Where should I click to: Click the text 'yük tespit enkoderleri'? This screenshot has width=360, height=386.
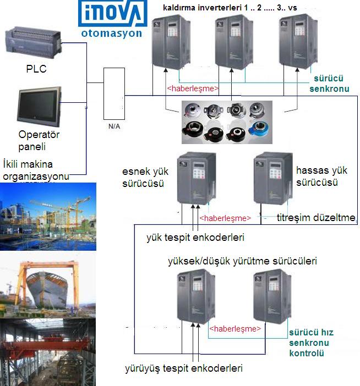tap(195, 238)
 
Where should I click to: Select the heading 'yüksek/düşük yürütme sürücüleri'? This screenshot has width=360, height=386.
tap(242, 261)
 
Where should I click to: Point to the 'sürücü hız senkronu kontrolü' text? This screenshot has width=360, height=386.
tap(312, 343)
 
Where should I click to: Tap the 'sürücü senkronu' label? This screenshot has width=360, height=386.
tap(329, 83)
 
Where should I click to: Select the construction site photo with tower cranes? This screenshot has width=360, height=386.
tap(48, 217)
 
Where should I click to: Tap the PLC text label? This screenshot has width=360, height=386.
tap(36, 69)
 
